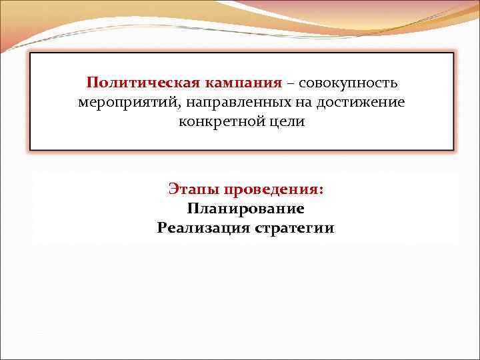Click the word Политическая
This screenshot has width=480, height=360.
129,83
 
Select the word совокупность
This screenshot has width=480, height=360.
349,83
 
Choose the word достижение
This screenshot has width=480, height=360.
363,103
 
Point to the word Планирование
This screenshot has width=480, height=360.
246,209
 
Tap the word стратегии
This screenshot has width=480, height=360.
295,229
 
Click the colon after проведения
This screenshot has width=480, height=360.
323,191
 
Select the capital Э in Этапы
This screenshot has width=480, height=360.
173,189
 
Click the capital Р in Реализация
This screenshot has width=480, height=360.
162,229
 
